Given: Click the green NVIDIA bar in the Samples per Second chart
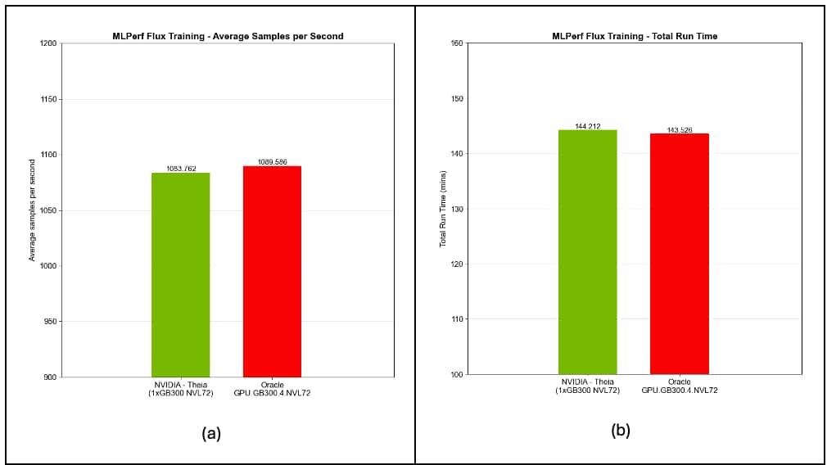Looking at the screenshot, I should click(x=180, y=274).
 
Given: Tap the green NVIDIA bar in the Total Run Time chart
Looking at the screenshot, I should click(x=587, y=251).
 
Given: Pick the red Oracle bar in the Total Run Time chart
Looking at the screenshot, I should click(x=679, y=253).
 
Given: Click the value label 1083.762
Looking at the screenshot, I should click(x=180, y=169).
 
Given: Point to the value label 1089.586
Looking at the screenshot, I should click(x=272, y=162).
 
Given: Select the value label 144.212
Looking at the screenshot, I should click(x=587, y=126).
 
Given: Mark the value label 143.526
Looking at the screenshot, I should click(x=679, y=129).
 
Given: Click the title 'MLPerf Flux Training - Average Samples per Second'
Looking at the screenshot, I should click(x=228, y=36).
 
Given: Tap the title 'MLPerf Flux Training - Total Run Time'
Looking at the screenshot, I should click(x=635, y=36).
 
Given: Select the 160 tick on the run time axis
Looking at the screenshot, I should click(x=458, y=43).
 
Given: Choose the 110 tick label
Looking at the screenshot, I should click(x=458, y=319).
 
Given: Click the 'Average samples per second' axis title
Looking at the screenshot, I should click(x=33, y=210).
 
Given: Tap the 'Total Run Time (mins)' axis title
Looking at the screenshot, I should click(x=442, y=209).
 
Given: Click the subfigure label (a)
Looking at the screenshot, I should click(x=211, y=434).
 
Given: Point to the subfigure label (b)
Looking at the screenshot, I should click(x=621, y=430).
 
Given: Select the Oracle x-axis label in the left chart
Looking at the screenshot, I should click(x=272, y=389).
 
